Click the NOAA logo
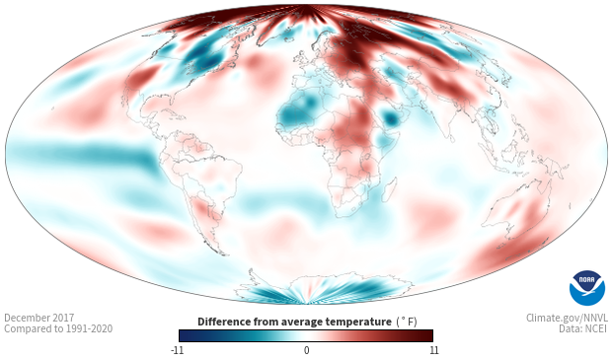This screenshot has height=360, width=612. click(x=587, y=288)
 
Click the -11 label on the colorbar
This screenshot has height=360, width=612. click(x=178, y=350)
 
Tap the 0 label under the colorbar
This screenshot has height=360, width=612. click(x=306, y=350)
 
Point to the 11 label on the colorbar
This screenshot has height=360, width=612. click(x=433, y=350)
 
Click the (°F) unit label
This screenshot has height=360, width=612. click(x=407, y=323)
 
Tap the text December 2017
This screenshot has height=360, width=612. click(x=39, y=318)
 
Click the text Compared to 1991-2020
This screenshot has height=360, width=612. click(x=58, y=328)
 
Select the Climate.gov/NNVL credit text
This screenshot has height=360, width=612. click(x=567, y=318)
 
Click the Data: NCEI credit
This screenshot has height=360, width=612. click(x=583, y=328)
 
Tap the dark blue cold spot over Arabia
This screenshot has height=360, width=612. click(x=390, y=117)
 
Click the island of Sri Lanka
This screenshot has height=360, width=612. click(x=451, y=138)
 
